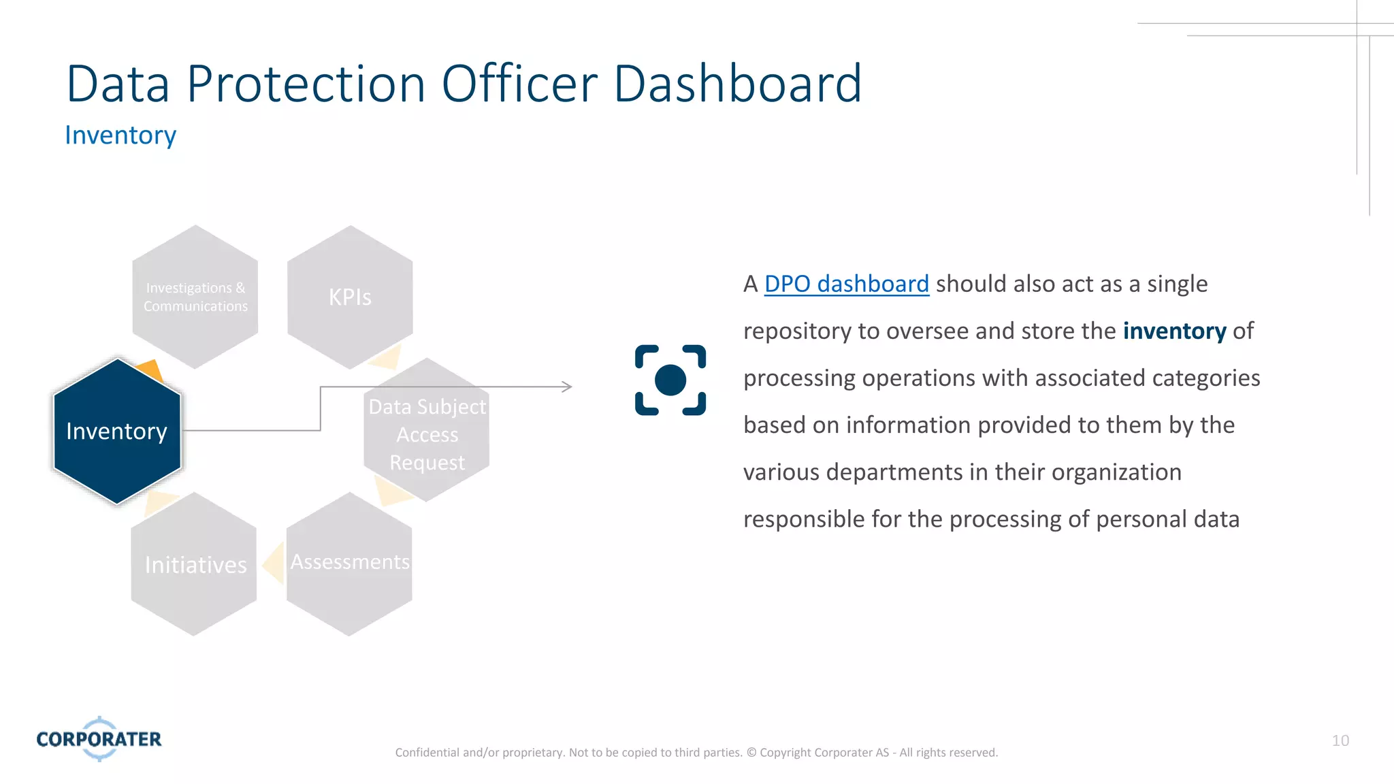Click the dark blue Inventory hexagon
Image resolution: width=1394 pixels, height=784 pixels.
(117, 431)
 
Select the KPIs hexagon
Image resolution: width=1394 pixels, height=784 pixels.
(350, 297)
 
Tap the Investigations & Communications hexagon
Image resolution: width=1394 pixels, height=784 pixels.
(195, 297)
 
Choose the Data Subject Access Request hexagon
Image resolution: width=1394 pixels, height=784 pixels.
(427, 434)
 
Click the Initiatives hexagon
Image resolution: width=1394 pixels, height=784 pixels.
(195, 565)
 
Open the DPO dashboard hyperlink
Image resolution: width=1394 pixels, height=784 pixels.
(846, 284)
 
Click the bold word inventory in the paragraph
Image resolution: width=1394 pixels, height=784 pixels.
(1174, 331)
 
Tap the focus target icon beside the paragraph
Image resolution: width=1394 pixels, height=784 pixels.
(670, 380)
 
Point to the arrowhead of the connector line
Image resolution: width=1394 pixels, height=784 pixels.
(567, 387)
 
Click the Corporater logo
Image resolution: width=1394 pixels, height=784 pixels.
(99, 738)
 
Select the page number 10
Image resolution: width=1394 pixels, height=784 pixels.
(1340, 740)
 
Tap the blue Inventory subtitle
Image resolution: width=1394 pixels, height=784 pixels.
(120, 135)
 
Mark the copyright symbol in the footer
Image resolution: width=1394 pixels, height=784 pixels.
(751, 753)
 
